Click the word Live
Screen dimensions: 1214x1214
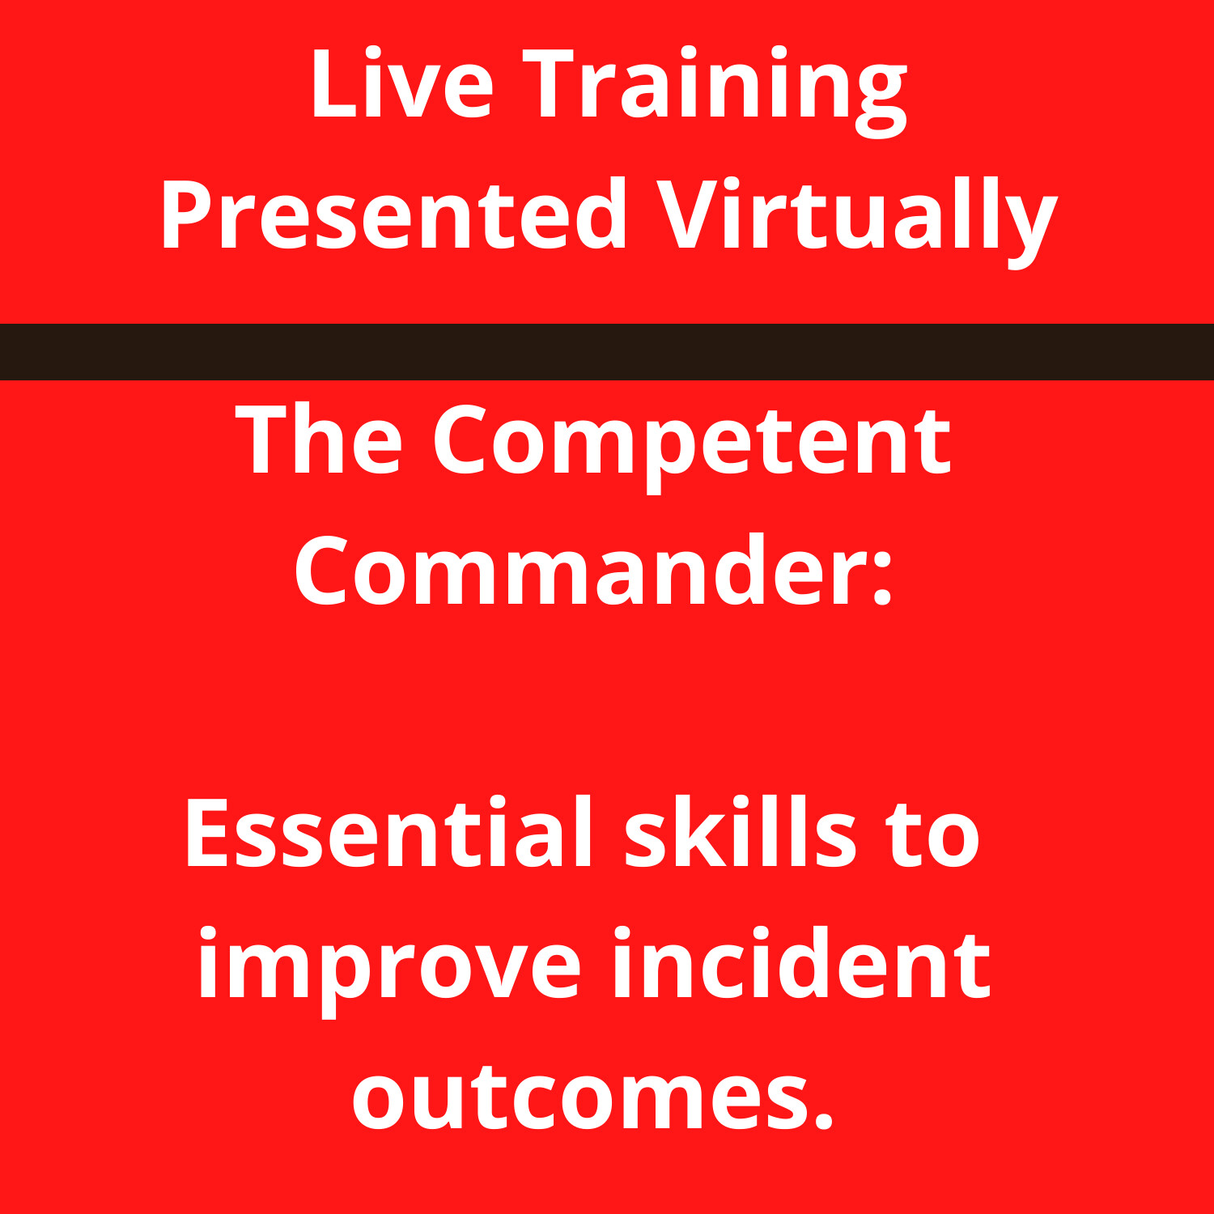click(401, 85)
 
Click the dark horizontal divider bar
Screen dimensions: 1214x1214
click(607, 351)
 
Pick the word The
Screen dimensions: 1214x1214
click(319, 441)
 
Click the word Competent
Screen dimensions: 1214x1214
click(692, 445)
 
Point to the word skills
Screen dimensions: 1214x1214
click(740, 834)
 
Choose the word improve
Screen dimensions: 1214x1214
click(389, 967)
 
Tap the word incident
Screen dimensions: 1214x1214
click(801, 963)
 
